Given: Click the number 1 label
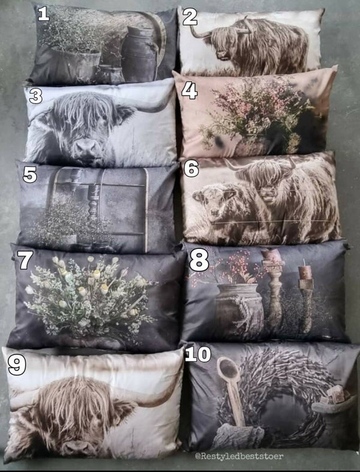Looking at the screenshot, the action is [43, 14].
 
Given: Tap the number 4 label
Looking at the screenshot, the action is [190, 91].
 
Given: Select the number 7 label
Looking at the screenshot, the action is [25, 260].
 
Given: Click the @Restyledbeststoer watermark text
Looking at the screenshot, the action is [239, 456].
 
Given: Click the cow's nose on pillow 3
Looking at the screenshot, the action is [88, 147].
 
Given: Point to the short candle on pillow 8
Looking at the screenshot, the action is [305, 272].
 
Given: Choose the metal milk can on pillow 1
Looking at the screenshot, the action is [139, 54].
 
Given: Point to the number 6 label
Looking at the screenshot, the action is [191, 169].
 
